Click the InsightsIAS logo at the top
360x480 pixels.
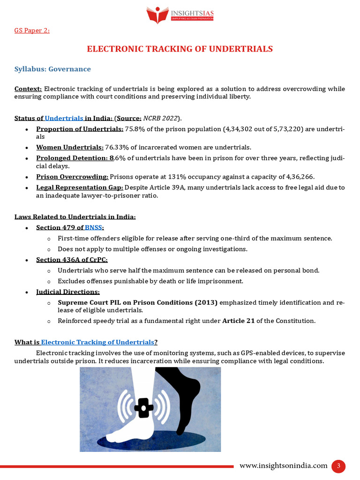click(180, 15)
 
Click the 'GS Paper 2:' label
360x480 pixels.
click(32, 30)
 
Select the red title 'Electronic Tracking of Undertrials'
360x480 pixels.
click(180, 49)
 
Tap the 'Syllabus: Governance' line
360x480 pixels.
click(52, 69)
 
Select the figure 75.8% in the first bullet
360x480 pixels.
click(135, 129)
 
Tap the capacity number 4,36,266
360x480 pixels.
click(297, 176)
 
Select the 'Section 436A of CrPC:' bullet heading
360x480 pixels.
click(72, 260)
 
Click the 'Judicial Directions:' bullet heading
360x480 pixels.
click(68, 292)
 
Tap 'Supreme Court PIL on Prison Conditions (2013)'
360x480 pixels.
click(137, 302)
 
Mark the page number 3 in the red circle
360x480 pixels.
click(338, 466)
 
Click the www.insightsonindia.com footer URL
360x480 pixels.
click(283, 465)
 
